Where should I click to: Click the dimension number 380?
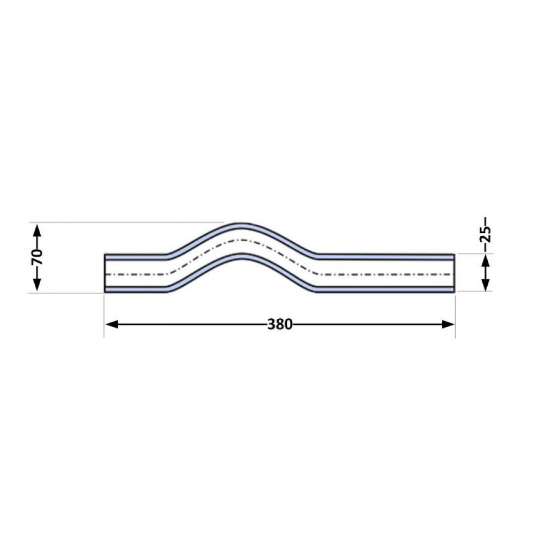(x=279, y=324)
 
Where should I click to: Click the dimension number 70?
(x=36, y=257)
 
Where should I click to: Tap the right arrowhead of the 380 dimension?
(x=448, y=324)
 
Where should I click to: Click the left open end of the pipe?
(x=106, y=273)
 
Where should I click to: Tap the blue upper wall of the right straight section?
(x=386, y=257)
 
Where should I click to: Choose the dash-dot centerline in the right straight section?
(x=386, y=273)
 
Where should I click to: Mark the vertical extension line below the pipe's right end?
(x=455, y=316)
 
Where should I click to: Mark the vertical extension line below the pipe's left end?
(x=104, y=316)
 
